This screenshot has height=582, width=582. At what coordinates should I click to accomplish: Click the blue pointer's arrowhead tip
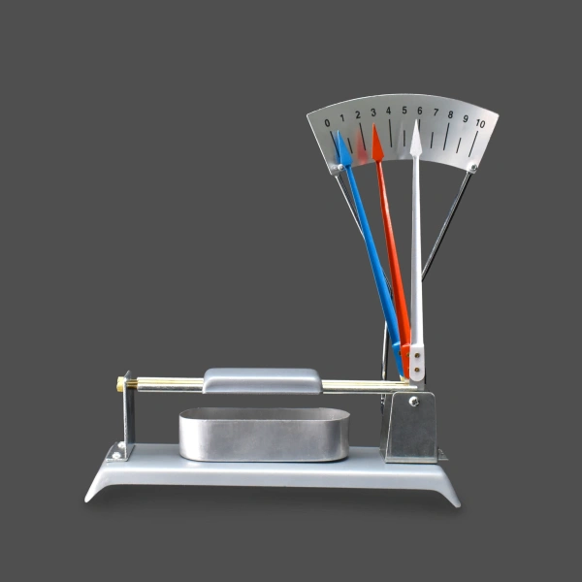[x=338, y=131]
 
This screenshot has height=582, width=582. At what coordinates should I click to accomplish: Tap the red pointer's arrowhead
[x=377, y=144]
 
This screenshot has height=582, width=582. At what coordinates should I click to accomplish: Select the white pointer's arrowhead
[x=416, y=139]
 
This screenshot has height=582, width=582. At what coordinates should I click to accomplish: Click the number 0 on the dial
[x=327, y=123]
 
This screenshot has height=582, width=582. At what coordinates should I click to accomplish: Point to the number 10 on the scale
[x=480, y=123]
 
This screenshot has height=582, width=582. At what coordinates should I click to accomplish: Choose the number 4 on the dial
[x=388, y=111]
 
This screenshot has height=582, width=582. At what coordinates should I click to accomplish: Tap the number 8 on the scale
[x=450, y=114]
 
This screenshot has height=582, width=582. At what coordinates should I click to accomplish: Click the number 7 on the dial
[x=436, y=112]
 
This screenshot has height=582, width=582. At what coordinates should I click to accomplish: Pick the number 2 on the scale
[x=358, y=114]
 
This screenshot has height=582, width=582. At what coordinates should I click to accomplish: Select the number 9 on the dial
[x=466, y=118]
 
